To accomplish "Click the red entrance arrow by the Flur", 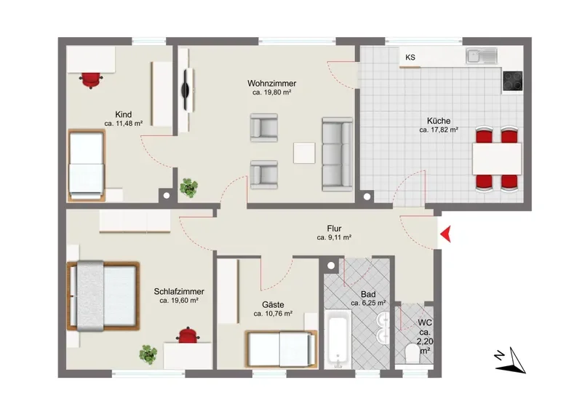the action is (x=446, y=234).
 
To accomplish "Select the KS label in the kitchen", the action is (x=410, y=58).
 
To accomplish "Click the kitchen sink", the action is (x=482, y=56).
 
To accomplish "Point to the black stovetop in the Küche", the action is (x=513, y=81).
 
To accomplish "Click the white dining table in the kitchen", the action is (x=497, y=159).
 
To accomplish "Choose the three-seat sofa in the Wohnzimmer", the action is (x=337, y=154).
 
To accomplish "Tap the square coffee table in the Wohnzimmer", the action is (x=304, y=153).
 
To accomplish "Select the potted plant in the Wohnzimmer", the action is (x=189, y=188).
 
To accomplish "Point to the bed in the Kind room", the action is (x=86, y=165).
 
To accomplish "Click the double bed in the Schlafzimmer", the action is (x=103, y=296).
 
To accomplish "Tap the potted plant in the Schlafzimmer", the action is (x=148, y=354).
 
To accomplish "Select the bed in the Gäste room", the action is (x=282, y=349).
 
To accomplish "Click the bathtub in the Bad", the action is (x=338, y=339).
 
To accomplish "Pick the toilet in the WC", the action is (x=412, y=353).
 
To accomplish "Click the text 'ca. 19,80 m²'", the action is (x=271, y=92).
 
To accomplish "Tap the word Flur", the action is (x=334, y=229).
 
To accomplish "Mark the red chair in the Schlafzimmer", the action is (x=188, y=335).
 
